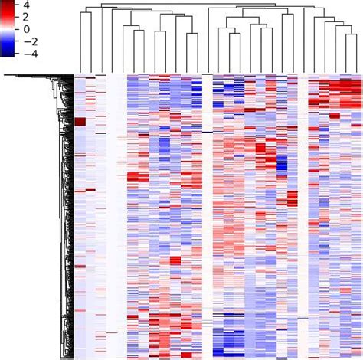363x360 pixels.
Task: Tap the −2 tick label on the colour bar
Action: point(31,41)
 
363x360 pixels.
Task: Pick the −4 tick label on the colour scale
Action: point(31,54)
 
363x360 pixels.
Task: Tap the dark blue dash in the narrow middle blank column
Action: point(207,131)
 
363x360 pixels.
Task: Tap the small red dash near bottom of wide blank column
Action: point(112,332)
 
